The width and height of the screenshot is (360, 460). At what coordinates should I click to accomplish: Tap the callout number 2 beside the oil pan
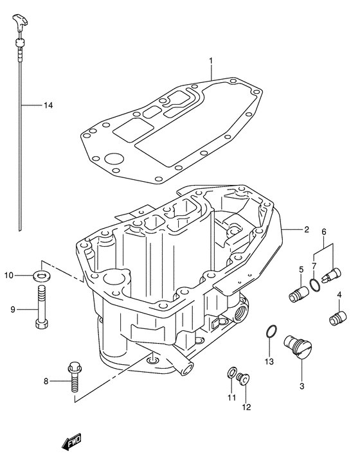pos(307,229)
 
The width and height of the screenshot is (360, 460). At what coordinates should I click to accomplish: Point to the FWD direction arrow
pos(66,443)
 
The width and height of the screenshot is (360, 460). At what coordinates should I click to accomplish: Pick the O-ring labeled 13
pos(272,332)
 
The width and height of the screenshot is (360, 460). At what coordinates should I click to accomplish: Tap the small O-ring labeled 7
pos(313,285)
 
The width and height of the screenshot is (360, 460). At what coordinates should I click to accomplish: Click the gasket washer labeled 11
pos(231,374)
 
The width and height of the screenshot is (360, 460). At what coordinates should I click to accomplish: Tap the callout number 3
pos(301,386)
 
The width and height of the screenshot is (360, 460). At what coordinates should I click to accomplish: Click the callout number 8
pos(46,382)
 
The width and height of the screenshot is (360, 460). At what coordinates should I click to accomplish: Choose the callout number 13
pos(269,362)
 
